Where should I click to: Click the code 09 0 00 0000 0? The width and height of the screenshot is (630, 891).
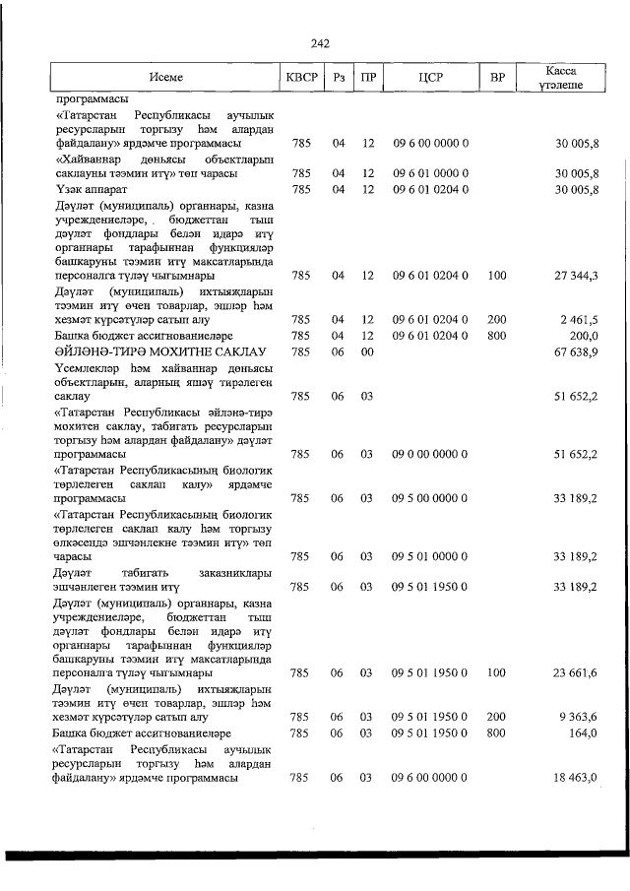click(x=430, y=454)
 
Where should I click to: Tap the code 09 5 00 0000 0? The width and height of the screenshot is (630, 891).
click(x=430, y=498)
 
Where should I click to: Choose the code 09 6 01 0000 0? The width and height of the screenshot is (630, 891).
click(x=430, y=173)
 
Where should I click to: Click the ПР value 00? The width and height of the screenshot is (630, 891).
click(x=367, y=351)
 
